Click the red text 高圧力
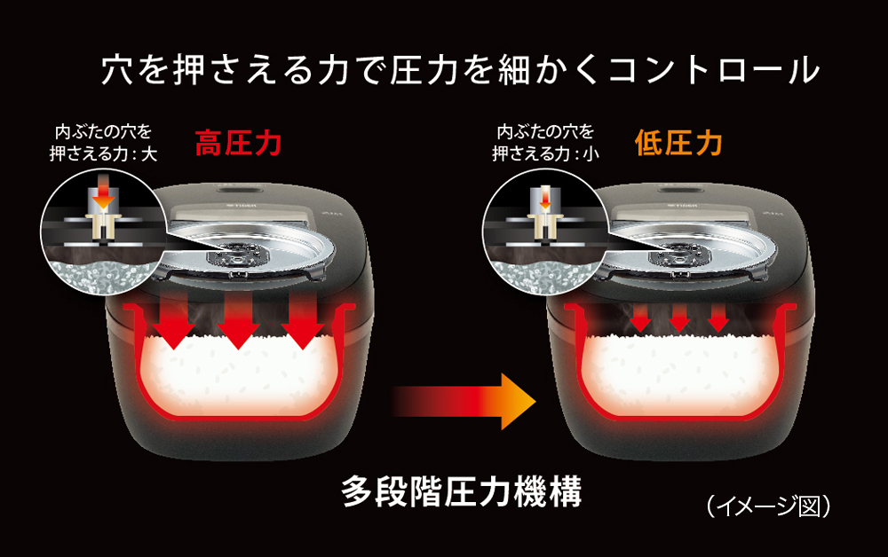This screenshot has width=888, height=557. (x=238, y=145)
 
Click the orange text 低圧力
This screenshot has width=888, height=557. (x=678, y=145)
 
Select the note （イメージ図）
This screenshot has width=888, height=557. (x=769, y=506)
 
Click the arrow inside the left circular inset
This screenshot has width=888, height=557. (x=104, y=192)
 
